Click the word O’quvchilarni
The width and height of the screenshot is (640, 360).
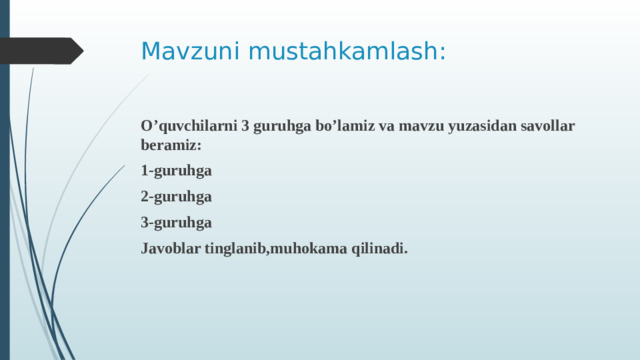click(x=188, y=127)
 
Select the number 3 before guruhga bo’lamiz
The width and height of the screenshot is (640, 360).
click(x=246, y=127)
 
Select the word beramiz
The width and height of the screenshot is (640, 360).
click(x=169, y=145)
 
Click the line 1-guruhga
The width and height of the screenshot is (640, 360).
click(x=176, y=171)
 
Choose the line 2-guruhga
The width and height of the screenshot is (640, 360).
click(x=176, y=197)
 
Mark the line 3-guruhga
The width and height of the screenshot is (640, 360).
click(x=176, y=223)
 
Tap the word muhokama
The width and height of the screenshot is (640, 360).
click(x=312, y=249)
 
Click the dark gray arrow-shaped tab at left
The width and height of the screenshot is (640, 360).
click(x=40, y=50)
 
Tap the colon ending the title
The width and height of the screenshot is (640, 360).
click(x=443, y=52)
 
